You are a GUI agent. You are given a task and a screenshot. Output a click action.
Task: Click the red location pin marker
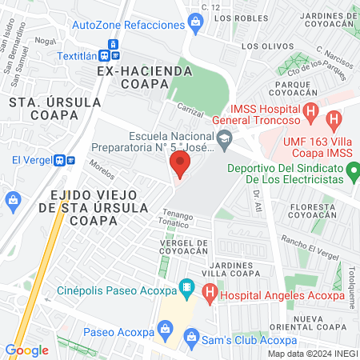coord(180,165)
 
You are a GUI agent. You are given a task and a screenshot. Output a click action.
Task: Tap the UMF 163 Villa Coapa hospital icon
coord(334,120)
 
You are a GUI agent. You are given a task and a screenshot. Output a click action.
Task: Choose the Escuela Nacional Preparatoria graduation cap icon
coord(226,138)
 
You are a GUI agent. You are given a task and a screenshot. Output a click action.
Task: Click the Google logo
coord(26,350)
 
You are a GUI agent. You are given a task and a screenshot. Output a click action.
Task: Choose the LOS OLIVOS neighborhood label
coord(262,46)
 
